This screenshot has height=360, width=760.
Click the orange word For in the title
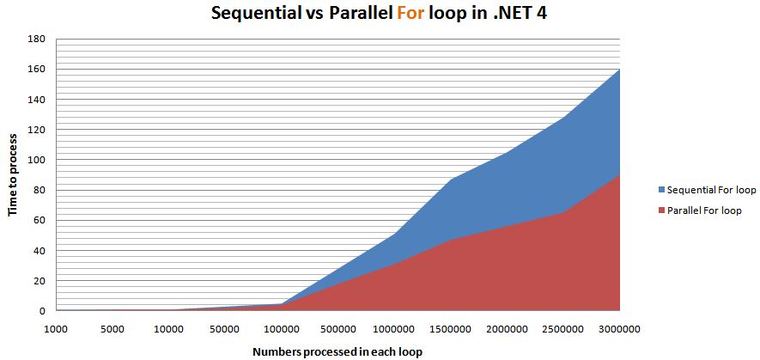(x=412, y=13)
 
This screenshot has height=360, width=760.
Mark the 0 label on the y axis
(x=43, y=311)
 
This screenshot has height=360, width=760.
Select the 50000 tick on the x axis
(x=225, y=329)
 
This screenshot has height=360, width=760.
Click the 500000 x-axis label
(x=337, y=329)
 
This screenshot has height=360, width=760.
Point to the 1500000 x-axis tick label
(x=450, y=329)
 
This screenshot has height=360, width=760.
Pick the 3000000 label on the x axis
(x=619, y=329)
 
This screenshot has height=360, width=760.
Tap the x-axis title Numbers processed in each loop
(x=337, y=351)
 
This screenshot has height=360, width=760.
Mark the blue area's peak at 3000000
(x=620, y=69)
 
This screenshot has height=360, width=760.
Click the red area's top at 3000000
(x=620, y=174)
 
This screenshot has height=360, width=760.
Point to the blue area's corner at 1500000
(x=451, y=179)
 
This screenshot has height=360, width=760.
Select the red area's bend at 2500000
(x=563, y=212)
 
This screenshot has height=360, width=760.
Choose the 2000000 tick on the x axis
(x=507, y=329)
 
